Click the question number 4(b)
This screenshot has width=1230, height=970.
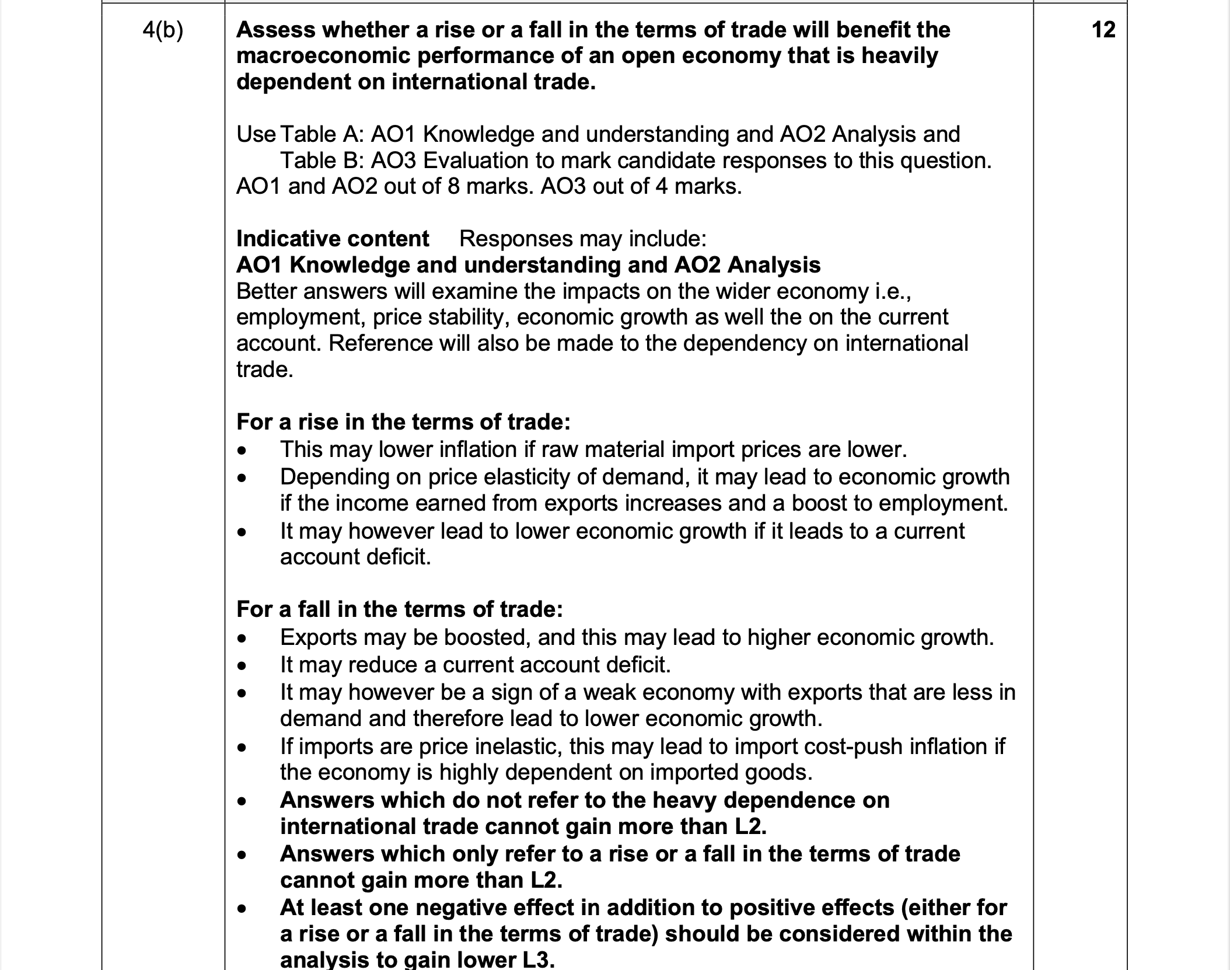pyautogui.click(x=163, y=30)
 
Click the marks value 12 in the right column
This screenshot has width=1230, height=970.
pyautogui.click(x=1103, y=30)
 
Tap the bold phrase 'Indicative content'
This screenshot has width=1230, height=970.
pyautogui.click(x=333, y=239)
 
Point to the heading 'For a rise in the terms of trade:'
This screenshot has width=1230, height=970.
pyautogui.click(x=403, y=421)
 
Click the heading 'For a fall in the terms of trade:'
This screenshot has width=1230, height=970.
pyautogui.click(x=400, y=609)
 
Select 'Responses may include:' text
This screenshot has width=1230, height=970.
pyautogui.click(x=583, y=239)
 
